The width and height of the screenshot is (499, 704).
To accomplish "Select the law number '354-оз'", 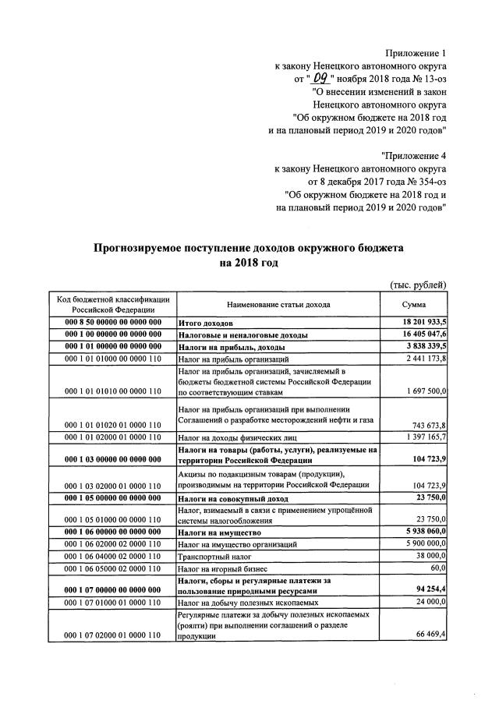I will click(x=429, y=180).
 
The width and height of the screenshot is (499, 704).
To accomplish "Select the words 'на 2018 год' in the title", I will click(x=249, y=264).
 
